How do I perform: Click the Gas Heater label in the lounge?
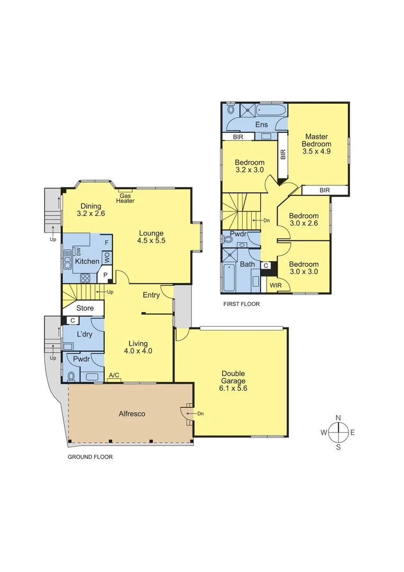[x=125, y=198]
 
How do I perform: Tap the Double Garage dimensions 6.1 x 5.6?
[x=234, y=388]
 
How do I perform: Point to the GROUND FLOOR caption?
[x=90, y=457]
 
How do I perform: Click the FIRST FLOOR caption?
[x=241, y=305]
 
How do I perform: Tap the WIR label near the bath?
[x=275, y=285]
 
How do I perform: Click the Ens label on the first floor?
[x=261, y=125]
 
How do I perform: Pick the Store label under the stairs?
[x=85, y=308]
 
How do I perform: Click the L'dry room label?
[x=85, y=335]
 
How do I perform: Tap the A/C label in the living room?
[x=114, y=376]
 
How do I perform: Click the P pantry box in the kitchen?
[x=105, y=275]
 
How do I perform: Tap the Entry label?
[x=151, y=295]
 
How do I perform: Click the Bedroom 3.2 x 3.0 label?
[x=250, y=166]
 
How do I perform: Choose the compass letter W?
[x=323, y=432]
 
